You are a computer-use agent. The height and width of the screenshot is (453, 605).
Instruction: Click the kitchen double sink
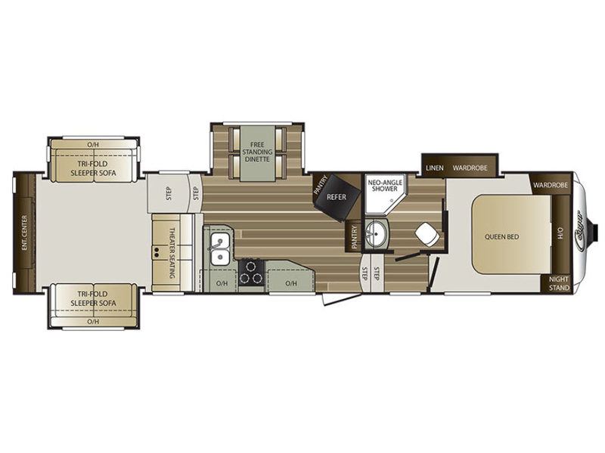(219, 250)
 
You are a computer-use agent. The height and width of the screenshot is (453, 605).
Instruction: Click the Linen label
(434, 167)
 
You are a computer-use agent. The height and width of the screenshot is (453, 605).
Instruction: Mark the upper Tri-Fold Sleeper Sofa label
(93, 166)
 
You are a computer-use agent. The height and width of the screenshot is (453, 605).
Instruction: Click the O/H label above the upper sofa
(93, 143)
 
